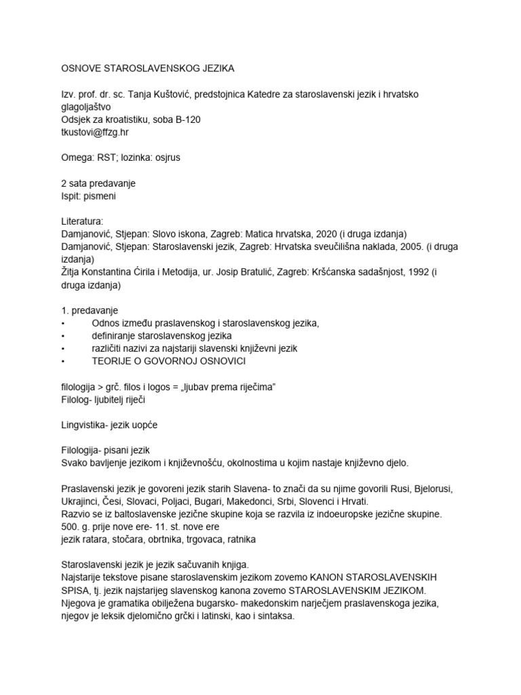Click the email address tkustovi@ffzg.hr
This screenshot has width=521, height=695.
[x=94, y=132]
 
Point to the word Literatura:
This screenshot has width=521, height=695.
[x=82, y=221]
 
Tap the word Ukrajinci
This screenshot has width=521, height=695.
[x=82, y=502]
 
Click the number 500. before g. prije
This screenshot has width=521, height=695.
[x=71, y=527]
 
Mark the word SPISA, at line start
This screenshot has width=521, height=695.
[x=77, y=590]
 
